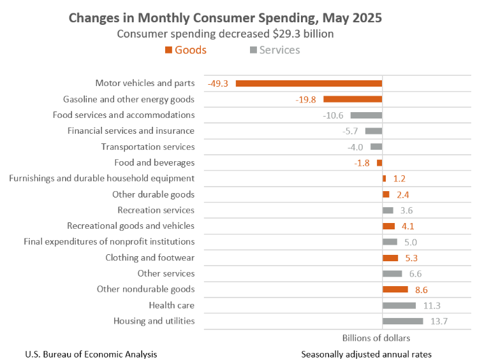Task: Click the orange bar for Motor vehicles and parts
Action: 309,83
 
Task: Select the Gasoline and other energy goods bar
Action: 353,99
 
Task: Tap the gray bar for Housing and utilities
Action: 402,321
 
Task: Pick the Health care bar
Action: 399,305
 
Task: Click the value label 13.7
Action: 439,321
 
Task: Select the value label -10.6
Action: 334,115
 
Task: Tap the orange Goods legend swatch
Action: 168,50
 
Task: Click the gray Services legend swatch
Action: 253,50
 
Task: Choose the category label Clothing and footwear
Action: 150,257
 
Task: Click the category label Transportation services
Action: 148,147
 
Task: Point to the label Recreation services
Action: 156,210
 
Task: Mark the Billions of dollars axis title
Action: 376,338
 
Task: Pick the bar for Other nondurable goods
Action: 395,289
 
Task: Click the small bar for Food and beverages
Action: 379,162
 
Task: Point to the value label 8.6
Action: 421,289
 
